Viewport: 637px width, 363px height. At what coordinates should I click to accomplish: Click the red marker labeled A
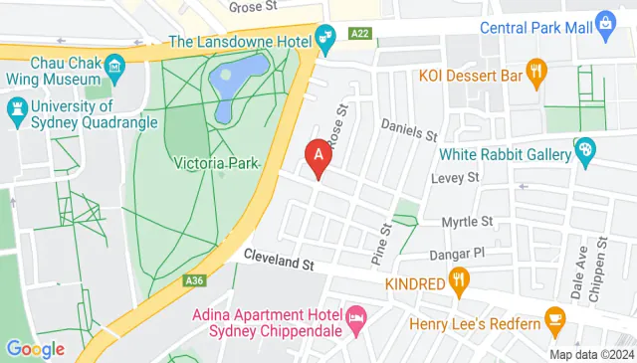point(318,156)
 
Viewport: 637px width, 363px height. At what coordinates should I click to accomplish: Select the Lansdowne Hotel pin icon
point(325,41)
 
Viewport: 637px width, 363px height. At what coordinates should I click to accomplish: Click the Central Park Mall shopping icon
point(605,24)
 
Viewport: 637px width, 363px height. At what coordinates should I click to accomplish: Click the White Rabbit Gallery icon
point(585,152)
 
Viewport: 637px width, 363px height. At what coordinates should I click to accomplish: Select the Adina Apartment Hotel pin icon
point(355,320)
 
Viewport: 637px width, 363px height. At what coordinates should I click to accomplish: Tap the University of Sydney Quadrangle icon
point(17,106)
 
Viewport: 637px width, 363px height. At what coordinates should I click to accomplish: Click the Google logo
point(35,348)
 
